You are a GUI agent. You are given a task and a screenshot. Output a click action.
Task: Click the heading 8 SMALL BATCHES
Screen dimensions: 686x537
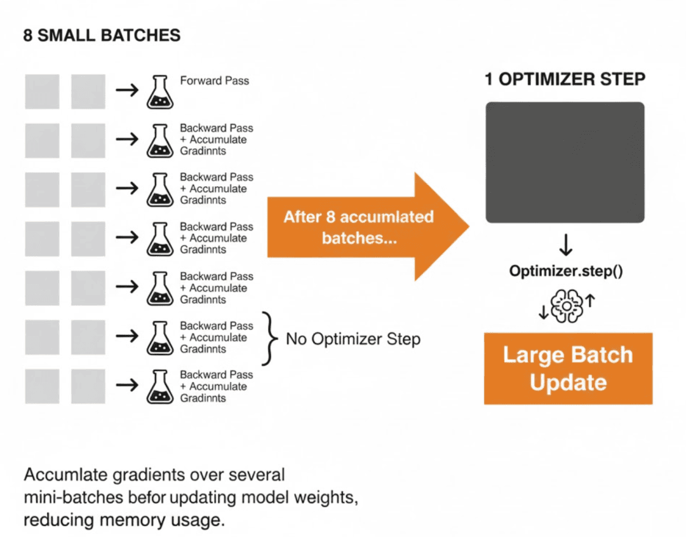point(102,36)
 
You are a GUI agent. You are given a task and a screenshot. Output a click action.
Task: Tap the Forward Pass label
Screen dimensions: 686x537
point(215,81)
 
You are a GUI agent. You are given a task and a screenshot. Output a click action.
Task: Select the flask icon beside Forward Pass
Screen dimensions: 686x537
point(159,92)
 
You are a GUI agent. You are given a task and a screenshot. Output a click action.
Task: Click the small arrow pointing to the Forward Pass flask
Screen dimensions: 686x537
point(127,90)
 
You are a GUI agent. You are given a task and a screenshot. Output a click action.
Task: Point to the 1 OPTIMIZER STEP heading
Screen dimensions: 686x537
point(565,79)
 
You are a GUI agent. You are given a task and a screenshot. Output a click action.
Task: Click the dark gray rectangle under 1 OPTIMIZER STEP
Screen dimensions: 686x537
point(565,162)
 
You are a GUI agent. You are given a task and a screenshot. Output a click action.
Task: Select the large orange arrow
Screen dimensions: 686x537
point(368,227)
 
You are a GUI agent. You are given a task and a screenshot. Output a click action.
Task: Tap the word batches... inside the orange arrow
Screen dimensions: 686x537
point(359,238)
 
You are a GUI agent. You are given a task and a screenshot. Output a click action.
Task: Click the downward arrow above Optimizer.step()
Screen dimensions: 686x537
point(566,245)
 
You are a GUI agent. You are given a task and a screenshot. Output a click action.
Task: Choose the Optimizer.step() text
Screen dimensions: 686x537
point(566,271)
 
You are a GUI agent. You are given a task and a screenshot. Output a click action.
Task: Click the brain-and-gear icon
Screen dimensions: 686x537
point(567,306)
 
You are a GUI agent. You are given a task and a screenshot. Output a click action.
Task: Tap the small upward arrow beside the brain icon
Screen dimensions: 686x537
point(590,301)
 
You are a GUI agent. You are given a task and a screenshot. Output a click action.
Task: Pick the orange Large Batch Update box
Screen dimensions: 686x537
point(568,369)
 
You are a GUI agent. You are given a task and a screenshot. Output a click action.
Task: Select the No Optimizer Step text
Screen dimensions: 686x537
point(353,339)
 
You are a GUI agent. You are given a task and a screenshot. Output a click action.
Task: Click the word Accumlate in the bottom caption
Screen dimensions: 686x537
point(66,475)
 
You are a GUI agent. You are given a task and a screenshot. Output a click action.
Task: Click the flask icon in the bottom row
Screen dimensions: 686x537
point(159,386)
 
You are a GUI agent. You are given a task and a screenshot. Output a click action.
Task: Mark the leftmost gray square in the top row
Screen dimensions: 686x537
point(42,92)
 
